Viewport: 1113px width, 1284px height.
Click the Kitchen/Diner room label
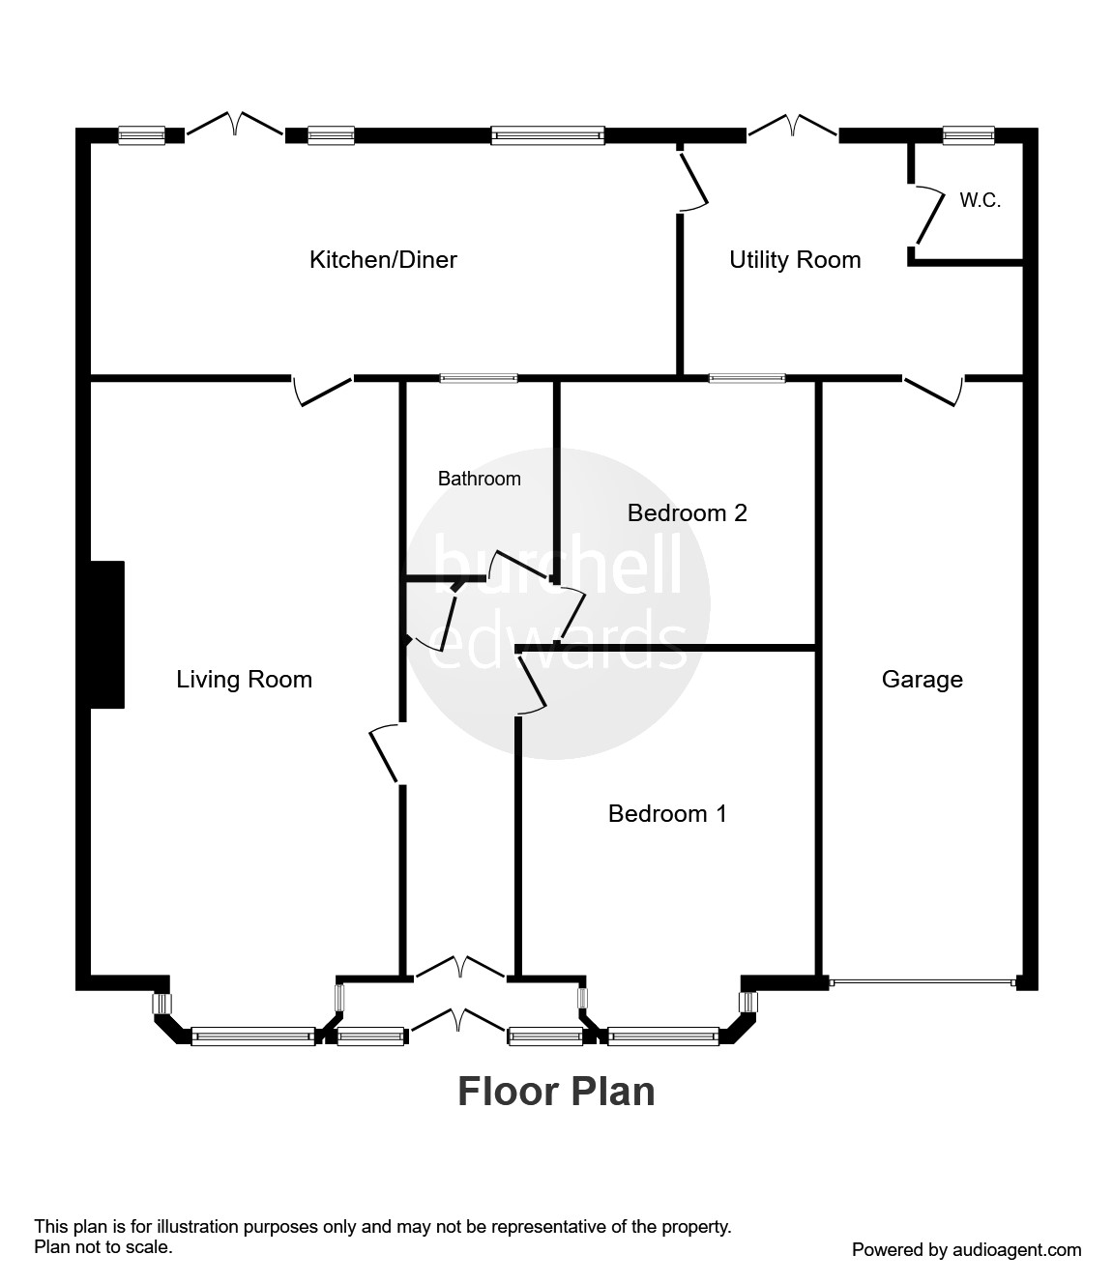[383, 259]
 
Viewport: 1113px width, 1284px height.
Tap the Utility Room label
[794, 259]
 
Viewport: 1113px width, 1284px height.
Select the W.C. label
[979, 201]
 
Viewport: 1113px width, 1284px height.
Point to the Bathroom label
[479, 479]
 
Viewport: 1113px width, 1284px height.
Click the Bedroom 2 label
[687, 512]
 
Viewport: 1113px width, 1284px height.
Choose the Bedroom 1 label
[666, 814]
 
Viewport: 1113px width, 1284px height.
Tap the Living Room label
[244, 680]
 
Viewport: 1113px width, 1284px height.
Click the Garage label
[922, 680]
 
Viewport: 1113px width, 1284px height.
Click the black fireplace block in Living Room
[107, 634]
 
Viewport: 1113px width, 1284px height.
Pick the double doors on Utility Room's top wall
[792, 126]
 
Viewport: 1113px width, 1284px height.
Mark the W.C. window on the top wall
[968, 135]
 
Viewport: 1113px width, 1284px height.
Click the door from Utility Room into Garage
[934, 390]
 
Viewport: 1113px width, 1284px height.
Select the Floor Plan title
[556, 1092]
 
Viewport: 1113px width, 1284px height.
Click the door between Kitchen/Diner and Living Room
[323, 391]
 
